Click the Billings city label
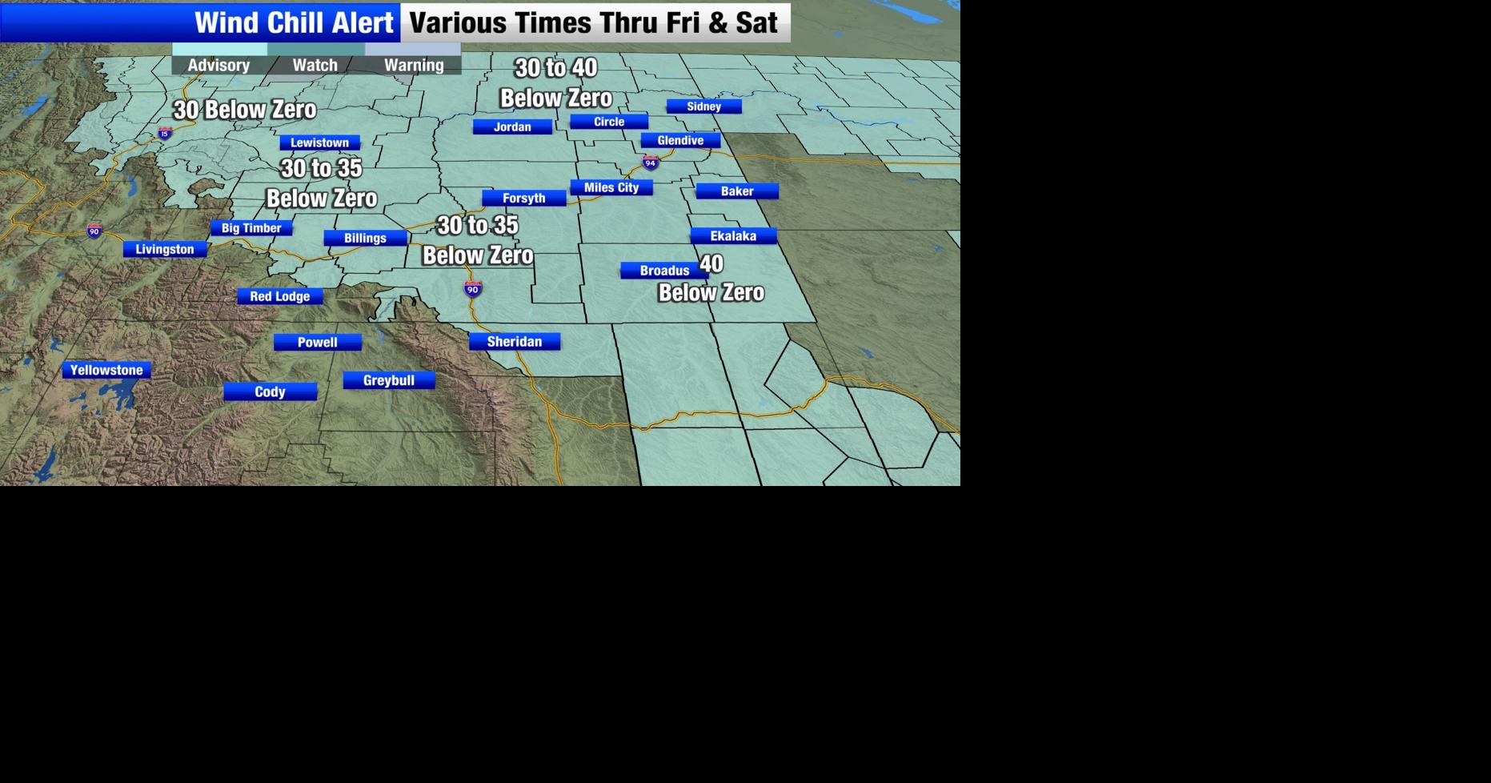(x=365, y=238)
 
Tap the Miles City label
(x=611, y=187)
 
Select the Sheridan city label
(x=515, y=342)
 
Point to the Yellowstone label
(x=106, y=370)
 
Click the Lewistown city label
(x=319, y=143)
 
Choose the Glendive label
(x=680, y=140)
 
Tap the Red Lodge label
(x=280, y=296)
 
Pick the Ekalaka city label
(x=733, y=235)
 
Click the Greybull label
(x=389, y=380)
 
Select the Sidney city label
(x=703, y=106)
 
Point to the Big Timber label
(x=251, y=228)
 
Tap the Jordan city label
(x=512, y=126)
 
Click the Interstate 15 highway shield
(x=165, y=133)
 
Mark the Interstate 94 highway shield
(x=651, y=163)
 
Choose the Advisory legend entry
(x=218, y=65)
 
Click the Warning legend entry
(x=414, y=65)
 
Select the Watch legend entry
(x=315, y=65)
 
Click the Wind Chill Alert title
(x=295, y=22)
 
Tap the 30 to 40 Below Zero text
(x=556, y=82)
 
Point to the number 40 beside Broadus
(x=711, y=263)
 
